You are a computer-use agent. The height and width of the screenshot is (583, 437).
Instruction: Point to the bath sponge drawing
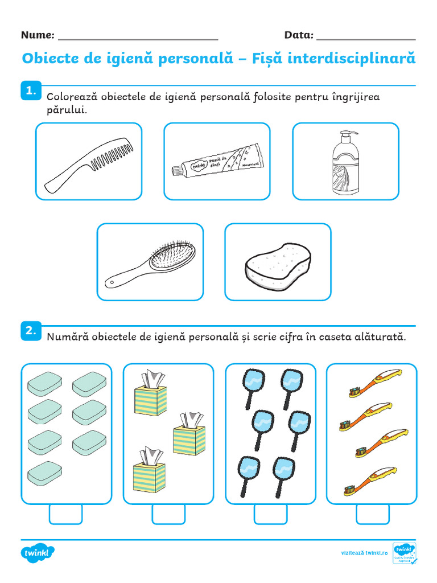(x=278, y=264)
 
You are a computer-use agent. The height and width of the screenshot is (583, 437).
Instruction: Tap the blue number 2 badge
(x=30, y=330)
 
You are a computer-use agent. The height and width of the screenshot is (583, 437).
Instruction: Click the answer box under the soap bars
(x=66, y=514)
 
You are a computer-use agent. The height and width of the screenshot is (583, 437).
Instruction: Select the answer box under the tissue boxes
(x=168, y=514)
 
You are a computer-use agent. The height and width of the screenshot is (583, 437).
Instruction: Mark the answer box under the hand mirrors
(x=270, y=514)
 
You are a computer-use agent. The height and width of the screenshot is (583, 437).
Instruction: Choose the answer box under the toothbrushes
(x=373, y=514)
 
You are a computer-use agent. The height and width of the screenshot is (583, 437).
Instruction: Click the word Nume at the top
(x=38, y=35)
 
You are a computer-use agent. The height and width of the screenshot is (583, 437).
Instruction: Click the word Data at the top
(x=299, y=35)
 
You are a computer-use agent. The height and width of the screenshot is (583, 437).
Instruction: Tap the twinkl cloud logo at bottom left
(x=38, y=552)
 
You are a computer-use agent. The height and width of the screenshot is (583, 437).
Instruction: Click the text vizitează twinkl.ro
(x=364, y=553)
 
